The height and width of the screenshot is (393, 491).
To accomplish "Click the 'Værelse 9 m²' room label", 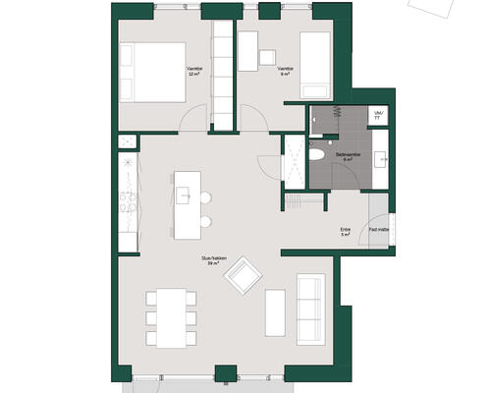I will click(x=285, y=71).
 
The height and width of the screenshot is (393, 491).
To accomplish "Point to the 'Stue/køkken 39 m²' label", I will click(x=204, y=260).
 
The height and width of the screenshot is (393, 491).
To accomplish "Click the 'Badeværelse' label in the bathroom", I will click(x=348, y=154).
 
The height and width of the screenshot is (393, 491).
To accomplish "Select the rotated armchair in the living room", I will click(x=244, y=280).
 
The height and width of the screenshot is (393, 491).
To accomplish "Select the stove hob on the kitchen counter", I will click(x=126, y=205).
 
